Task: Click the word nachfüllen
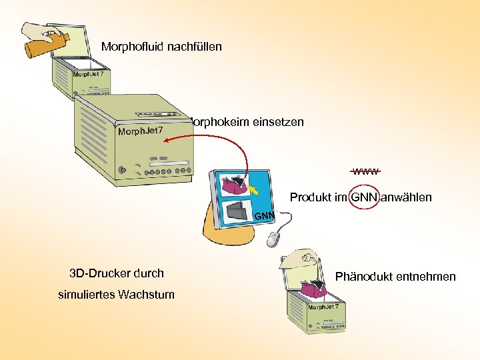[x=193, y=47]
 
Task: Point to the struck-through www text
[x=366, y=171]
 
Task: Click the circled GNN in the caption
[x=363, y=197]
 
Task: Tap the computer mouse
[x=275, y=237]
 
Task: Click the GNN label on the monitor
[x=264, y=216]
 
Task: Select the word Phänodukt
[x=365, y=277]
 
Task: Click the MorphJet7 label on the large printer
[x=140, y=131]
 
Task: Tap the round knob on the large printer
[x=121, y=170]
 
